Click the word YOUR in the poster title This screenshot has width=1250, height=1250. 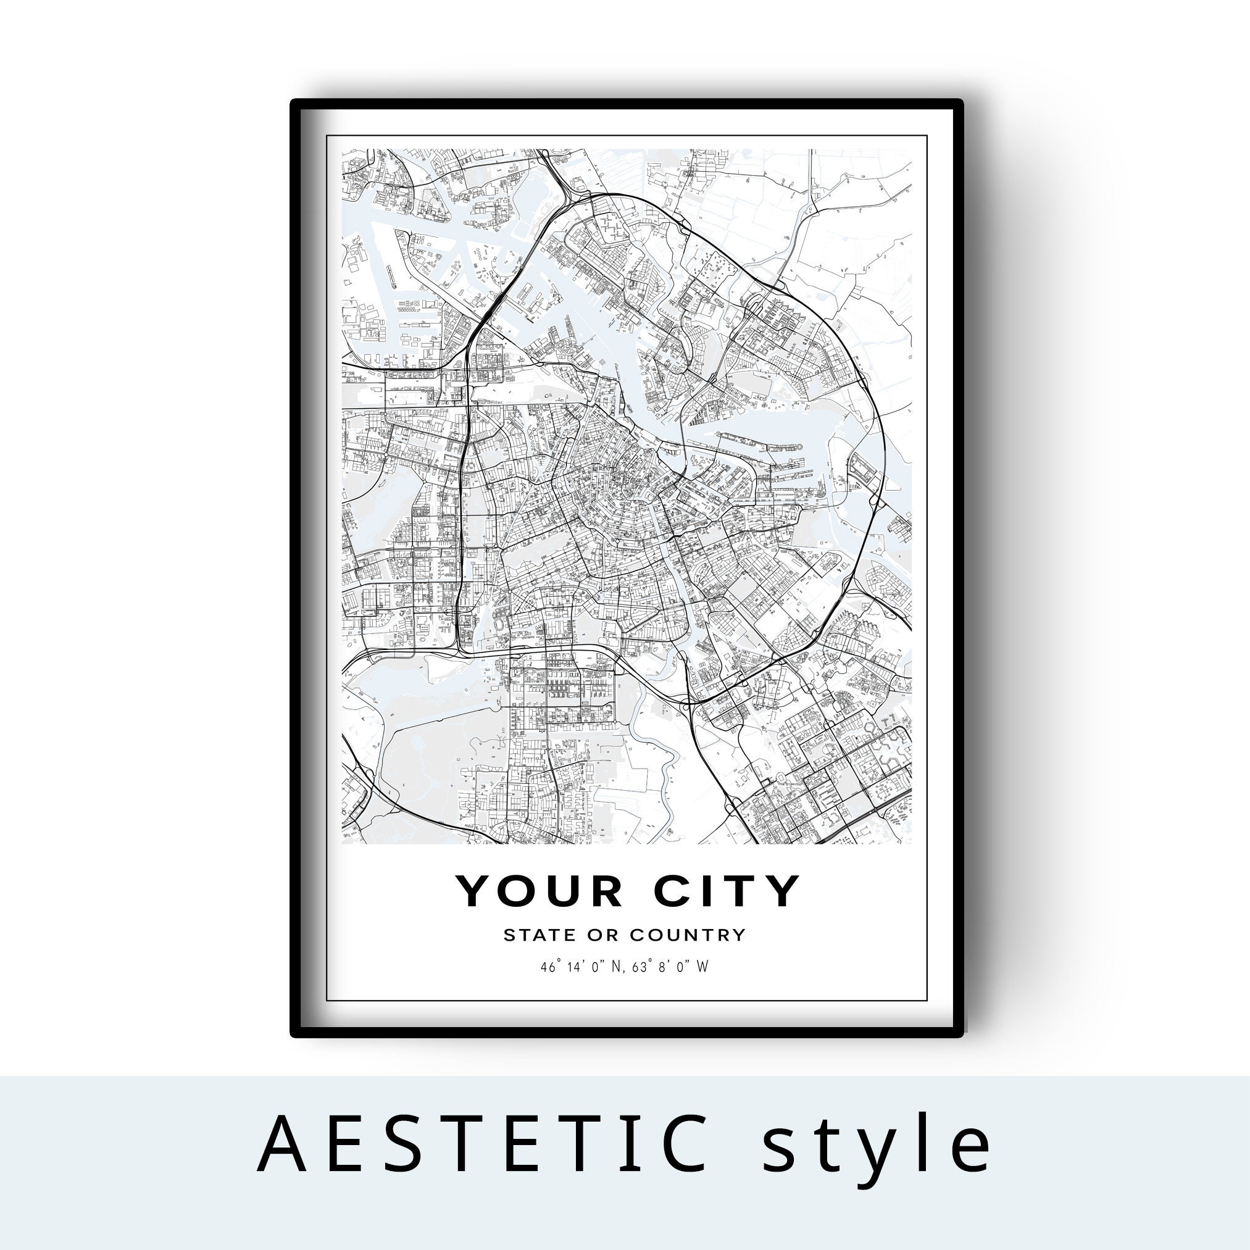point(540,891)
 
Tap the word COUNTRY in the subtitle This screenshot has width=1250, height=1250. point(687,935)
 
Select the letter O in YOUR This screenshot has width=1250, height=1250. point(519,891)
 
